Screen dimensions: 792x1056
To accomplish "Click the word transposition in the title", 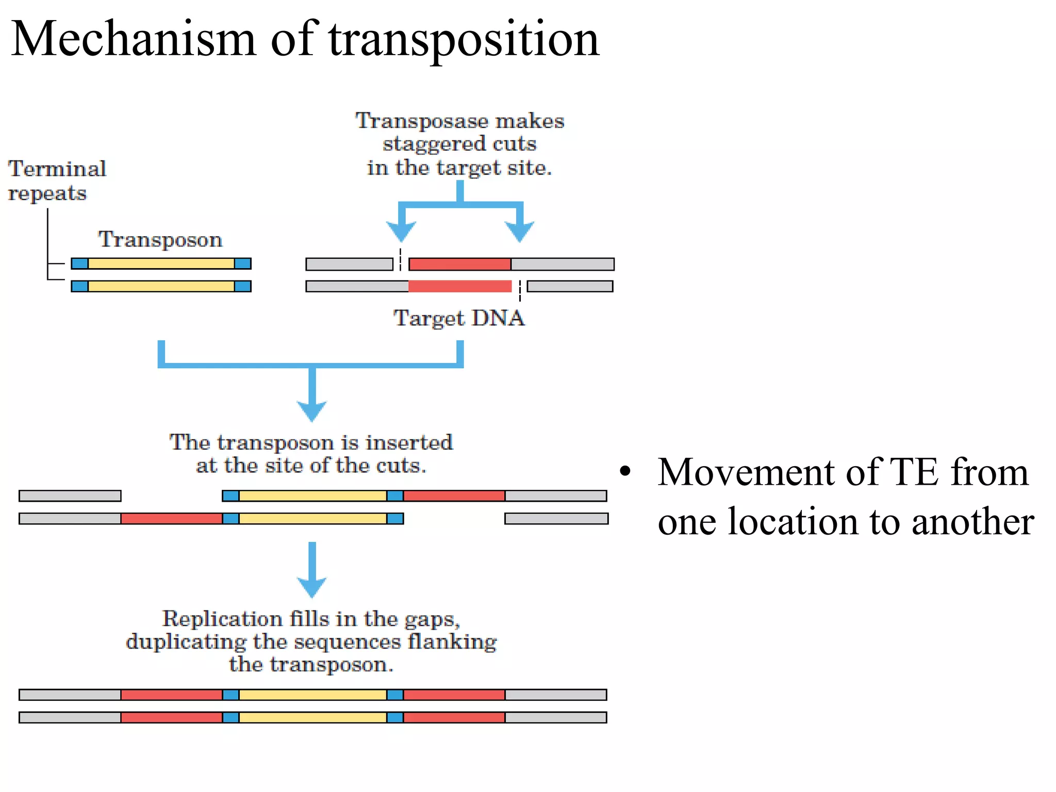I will [x=464, y=40].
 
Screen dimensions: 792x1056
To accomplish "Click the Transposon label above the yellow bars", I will [x=160, y=240].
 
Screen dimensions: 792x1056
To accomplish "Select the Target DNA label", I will [x=459, y=318].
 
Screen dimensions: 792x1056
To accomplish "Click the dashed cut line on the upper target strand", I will [x=401, y=259].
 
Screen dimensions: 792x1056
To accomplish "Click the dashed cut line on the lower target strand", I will [x=520, y=290].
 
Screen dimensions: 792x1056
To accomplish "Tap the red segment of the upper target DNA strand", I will [x=459, y=265].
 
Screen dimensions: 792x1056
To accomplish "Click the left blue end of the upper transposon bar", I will [x=80, y=264].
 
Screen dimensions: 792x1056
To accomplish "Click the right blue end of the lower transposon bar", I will [x=242, y=286].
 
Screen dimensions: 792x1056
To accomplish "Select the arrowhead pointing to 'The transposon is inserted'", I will [x=312, y=410].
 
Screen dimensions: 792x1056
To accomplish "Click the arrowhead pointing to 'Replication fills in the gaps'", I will [x=312, y=586].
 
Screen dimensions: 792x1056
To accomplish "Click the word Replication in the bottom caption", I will [x=222, y=619].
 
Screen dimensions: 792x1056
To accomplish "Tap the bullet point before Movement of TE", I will [x=625, y=471].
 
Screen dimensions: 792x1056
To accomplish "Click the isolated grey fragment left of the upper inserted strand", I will [x=70, y=496].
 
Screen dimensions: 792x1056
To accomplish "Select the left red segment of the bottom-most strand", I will [x=172, y=717].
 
